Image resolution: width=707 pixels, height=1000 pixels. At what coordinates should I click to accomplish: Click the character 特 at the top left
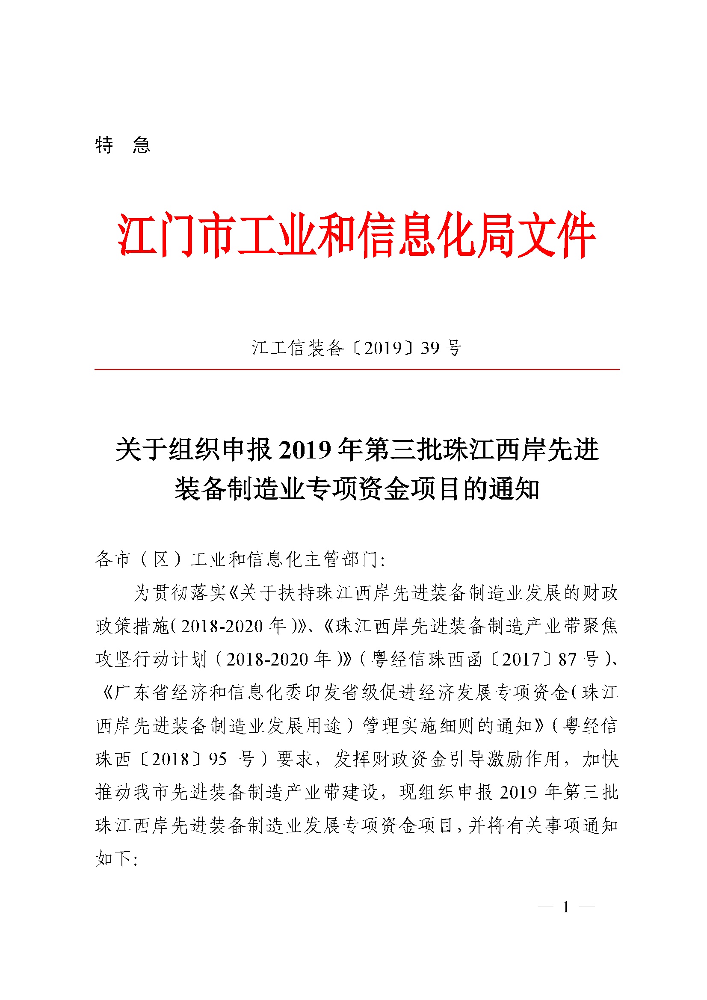pos(104,145)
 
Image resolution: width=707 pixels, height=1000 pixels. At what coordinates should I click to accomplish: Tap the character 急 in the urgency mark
pos(142,145)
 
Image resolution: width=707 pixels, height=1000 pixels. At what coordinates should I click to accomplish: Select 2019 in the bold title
pos(305,450)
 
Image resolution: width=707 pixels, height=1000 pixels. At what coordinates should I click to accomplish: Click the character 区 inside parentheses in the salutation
pos(161,559)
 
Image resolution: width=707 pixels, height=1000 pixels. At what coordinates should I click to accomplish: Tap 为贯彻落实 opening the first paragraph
pos(180,593)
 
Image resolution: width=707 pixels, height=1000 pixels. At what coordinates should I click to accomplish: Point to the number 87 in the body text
pos(567,660)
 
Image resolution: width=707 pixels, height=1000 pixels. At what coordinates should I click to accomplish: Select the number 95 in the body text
pos(218,759)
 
